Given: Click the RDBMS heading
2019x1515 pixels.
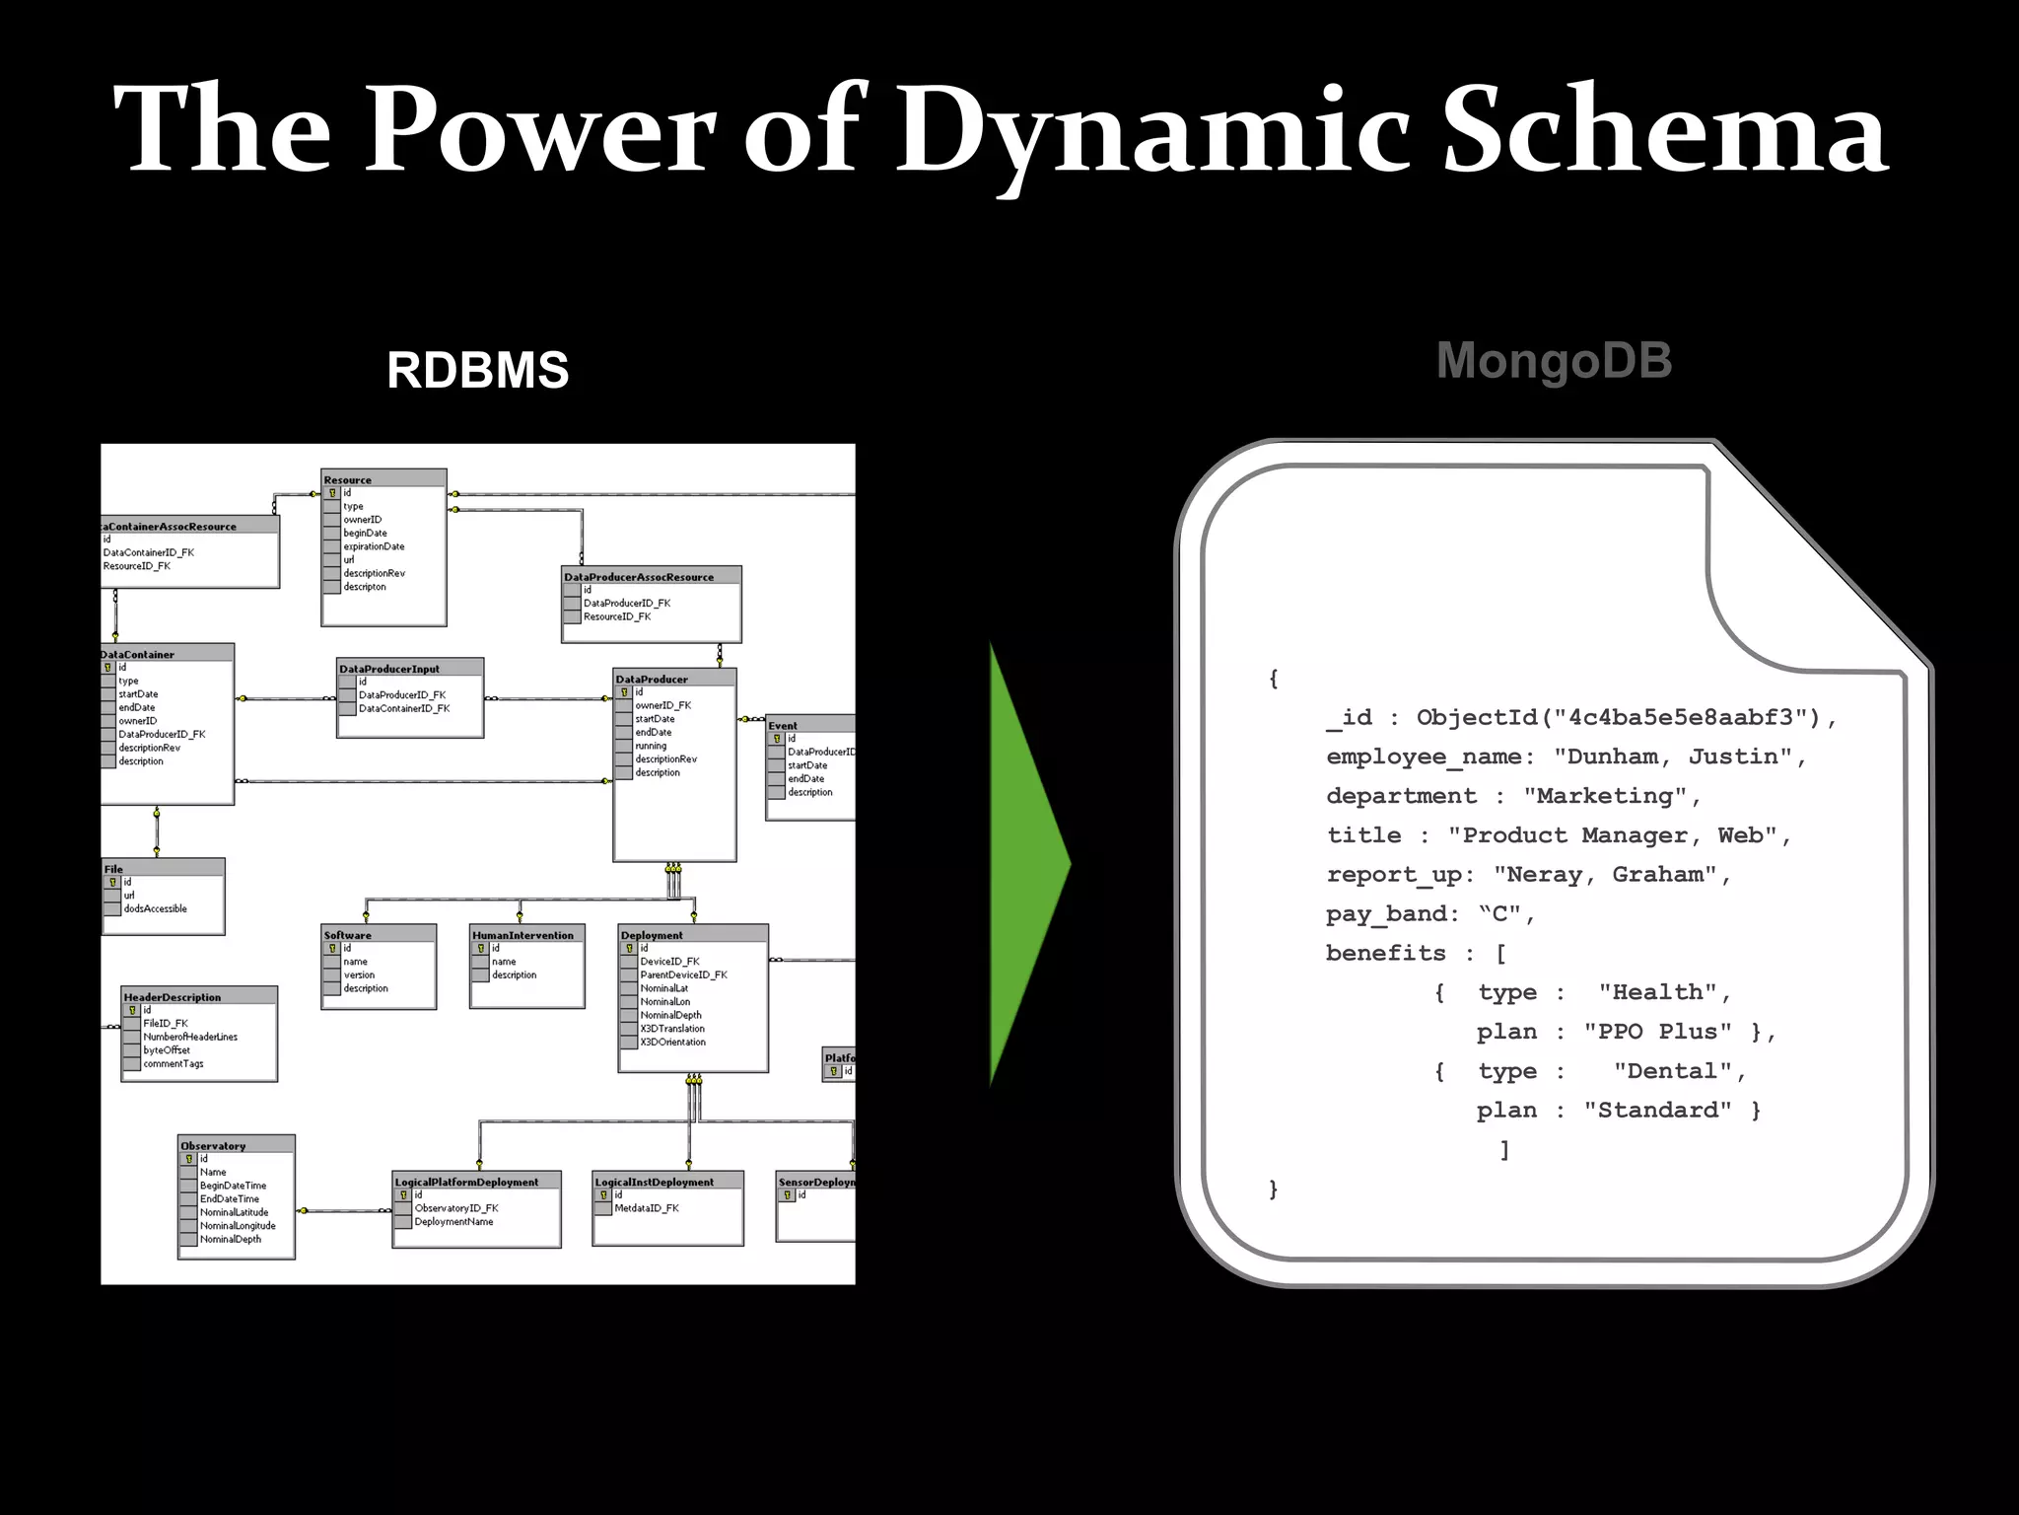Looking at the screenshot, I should pos(477,371).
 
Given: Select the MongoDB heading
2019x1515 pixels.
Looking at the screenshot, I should pos(1554,360).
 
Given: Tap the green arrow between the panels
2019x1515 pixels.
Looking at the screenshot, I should pos(1025,864).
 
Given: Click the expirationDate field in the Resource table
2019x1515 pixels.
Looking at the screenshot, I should pos(374,546).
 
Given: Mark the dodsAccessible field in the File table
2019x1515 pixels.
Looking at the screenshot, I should pos(155,908).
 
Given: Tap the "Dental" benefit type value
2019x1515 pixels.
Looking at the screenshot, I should pos(1672,1071).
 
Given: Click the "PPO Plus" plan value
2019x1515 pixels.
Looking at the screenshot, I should pos(1657,1032).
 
